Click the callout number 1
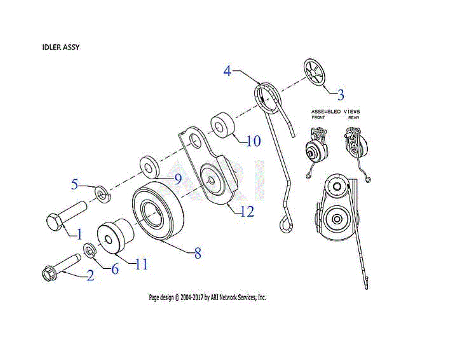[79, 234]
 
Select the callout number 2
[90, 276]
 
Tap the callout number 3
[340, 94]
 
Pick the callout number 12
[247, 211]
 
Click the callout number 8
[198, 254]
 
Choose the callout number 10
[253, 141]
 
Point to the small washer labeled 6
[90, 250]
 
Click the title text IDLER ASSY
[61, 47]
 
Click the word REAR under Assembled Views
[353, 117]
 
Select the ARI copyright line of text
[207, 297]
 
